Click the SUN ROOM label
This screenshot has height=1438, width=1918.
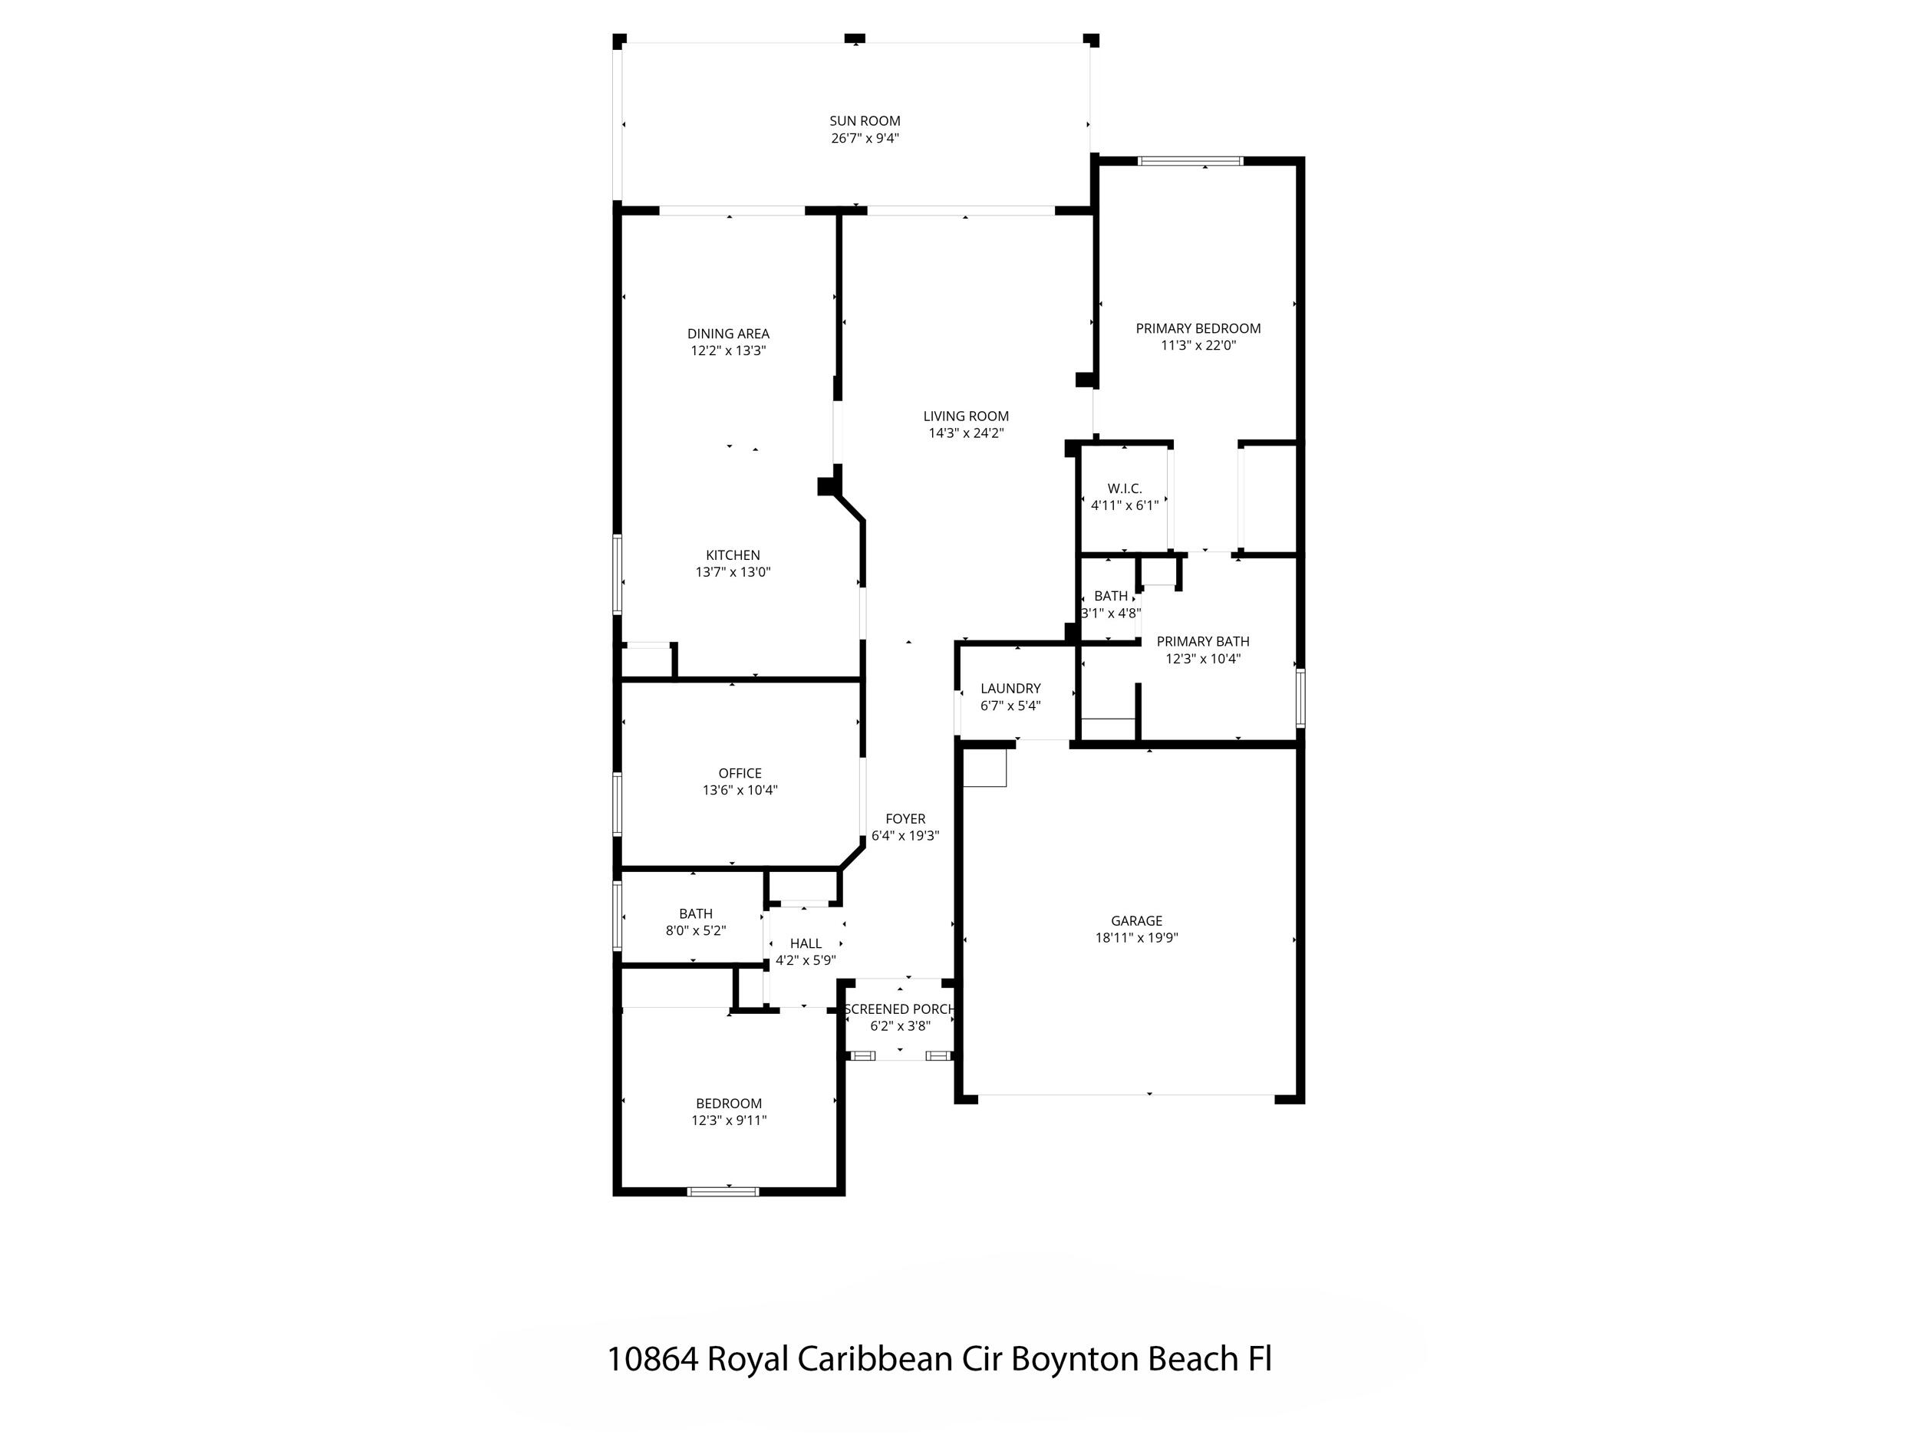click(x=865, y=121)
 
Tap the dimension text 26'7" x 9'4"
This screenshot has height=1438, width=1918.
click(x=865, y=139)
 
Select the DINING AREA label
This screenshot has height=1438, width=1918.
click(x=728, y=334)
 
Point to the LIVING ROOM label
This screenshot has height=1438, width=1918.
click(x=966, y=416)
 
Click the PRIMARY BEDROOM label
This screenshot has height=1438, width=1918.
click(x=1198, y=328)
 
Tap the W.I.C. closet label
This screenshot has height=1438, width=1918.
click(x=1125, y=489)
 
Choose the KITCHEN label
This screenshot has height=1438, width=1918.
click(x=733, y=555)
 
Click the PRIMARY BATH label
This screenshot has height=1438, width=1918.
click(x=1203, y=641)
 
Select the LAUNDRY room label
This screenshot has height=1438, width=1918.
click(x=1010, y=688)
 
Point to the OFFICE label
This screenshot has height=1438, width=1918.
click(x=740, y=773)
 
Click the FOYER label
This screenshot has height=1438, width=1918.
click(x=905, y=819)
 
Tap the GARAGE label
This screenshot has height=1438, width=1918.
click(x=1136, y=920)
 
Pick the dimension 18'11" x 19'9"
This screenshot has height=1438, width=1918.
click(x=1136, y=938)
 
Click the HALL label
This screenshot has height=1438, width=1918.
click(x=806, y=944)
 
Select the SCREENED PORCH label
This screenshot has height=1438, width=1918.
click(x=900, y=1009)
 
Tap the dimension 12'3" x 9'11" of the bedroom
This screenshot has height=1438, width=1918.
click(x=728, y=1120)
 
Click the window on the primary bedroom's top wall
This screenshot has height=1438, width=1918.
click(x=1190, y=161)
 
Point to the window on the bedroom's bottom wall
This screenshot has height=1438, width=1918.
click(x=723, y=1192)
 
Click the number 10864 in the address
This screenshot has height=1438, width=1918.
click(x=652, y=1359)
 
